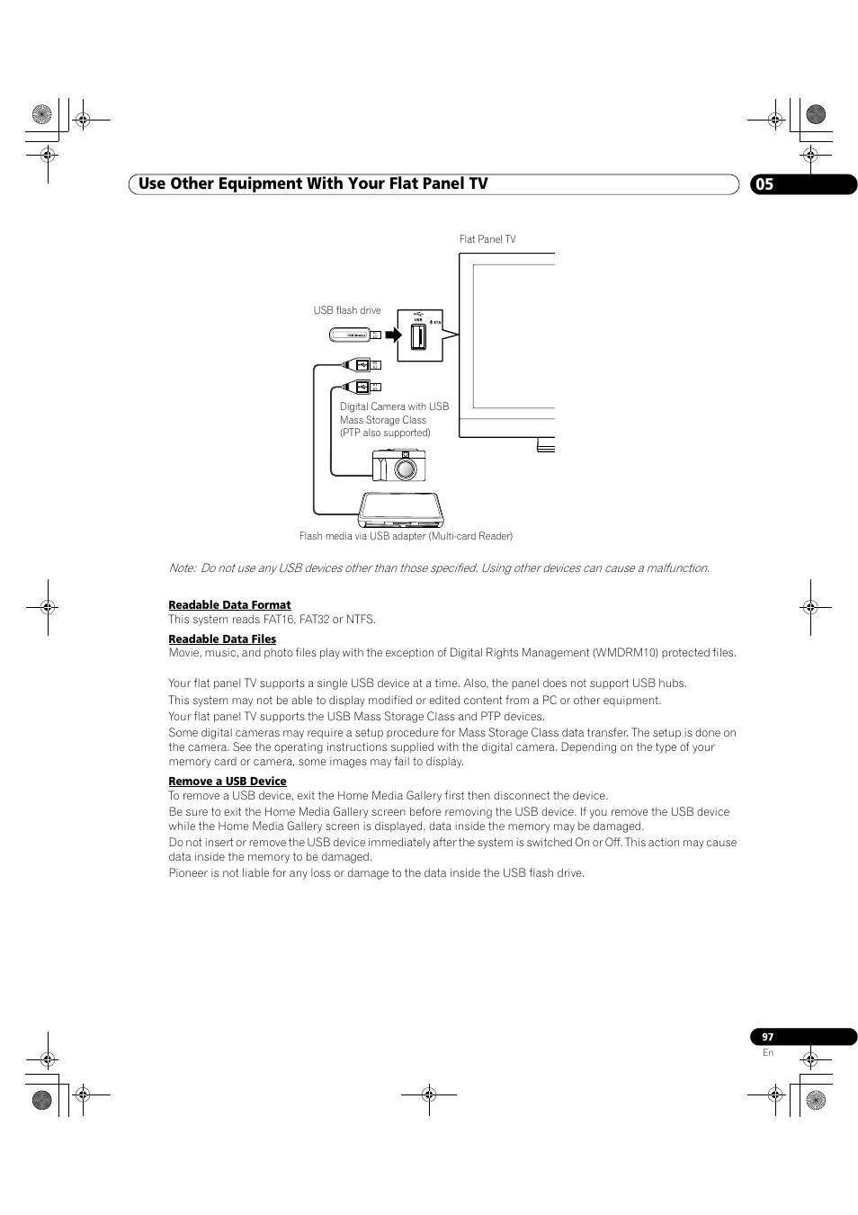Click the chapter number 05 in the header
click(x=764, y=184)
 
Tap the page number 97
click(x=767, y=1037)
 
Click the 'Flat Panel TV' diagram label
click(x=487, y=239)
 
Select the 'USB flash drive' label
click(x=347, y=310)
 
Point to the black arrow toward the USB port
click(x=393, y=335)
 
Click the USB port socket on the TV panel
click(x=418, y=337)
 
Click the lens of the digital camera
click(x=407, y=468)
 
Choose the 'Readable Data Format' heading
click(x=229, y=605)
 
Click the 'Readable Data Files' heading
click(x=222, y=639)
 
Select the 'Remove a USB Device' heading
click(x=228, y=782)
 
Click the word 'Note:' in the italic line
click(x=182, y=567)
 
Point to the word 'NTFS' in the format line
click(x=360, y=620)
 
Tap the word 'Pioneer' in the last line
click(x=187, y=873)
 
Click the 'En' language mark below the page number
click(x=767, y=1053)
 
